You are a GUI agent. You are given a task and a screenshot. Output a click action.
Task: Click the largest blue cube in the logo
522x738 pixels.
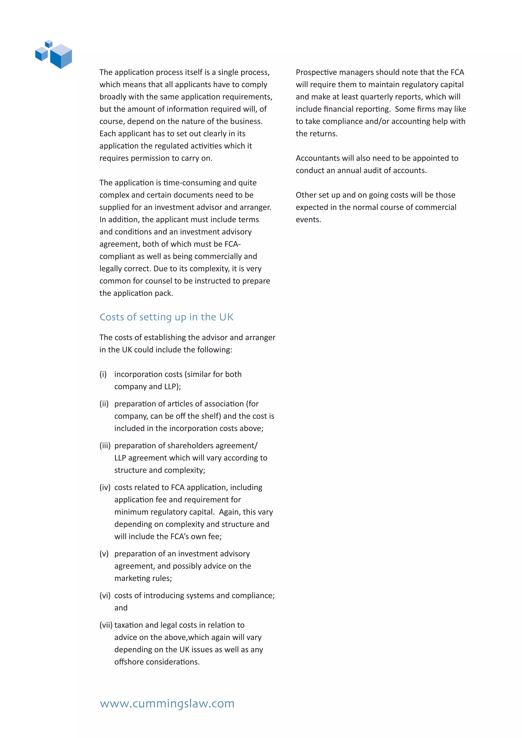click(61, 56)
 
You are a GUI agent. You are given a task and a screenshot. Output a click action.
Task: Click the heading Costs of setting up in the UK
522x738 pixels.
click(166, 317)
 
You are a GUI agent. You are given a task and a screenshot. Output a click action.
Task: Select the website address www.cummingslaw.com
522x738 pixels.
click(167, 703)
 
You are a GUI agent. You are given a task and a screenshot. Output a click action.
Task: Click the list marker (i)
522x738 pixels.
click(103, 374)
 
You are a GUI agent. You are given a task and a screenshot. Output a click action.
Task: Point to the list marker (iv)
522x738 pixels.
click(105, 487)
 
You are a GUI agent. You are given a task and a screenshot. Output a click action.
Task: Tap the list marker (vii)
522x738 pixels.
click(106, 625)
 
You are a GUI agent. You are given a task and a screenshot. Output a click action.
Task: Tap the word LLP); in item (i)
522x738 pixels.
click(173, 386)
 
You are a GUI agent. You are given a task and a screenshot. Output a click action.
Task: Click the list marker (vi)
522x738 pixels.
click(105, 595)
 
